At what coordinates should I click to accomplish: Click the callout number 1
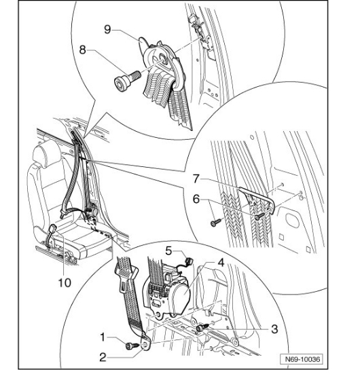pyautogui.click(x=103, y=337)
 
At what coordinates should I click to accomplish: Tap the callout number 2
pyautogui.click(x=103, y=357)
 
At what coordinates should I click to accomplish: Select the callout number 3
pyautogui.click(x=274, y=329)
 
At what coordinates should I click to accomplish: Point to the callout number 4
pyautogui.click(x=221, y=263)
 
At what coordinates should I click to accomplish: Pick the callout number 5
pyautogui.click(x=168, y=250)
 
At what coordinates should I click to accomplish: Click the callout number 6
pyautogui.click(x=196, y=199)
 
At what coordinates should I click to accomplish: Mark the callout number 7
pyautogui.click(x=196, y=179)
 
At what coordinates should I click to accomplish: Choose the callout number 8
pyautogui.click(x=82, y=50)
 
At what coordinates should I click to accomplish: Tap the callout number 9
pyautogui.click(x=107, y=30)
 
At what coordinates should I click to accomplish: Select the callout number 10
pyautogui.click(x=65, y=283)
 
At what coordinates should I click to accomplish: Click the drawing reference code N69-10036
pyautogui.click(x=302, y=359)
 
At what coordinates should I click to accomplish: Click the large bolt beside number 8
pyautogui.click(x=127, y=80)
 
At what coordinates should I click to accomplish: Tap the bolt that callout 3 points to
pyautogui.click(x=202, y=327)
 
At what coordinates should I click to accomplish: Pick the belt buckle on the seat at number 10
pyautogui.click(x=52, y=229)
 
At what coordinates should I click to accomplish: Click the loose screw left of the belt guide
pyautogui.click(x=216, y=223)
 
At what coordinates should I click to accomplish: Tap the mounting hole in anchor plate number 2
pyautogui.click(x=145, y=345)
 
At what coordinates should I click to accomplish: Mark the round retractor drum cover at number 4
pyautogui.click(x=181, y=297)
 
